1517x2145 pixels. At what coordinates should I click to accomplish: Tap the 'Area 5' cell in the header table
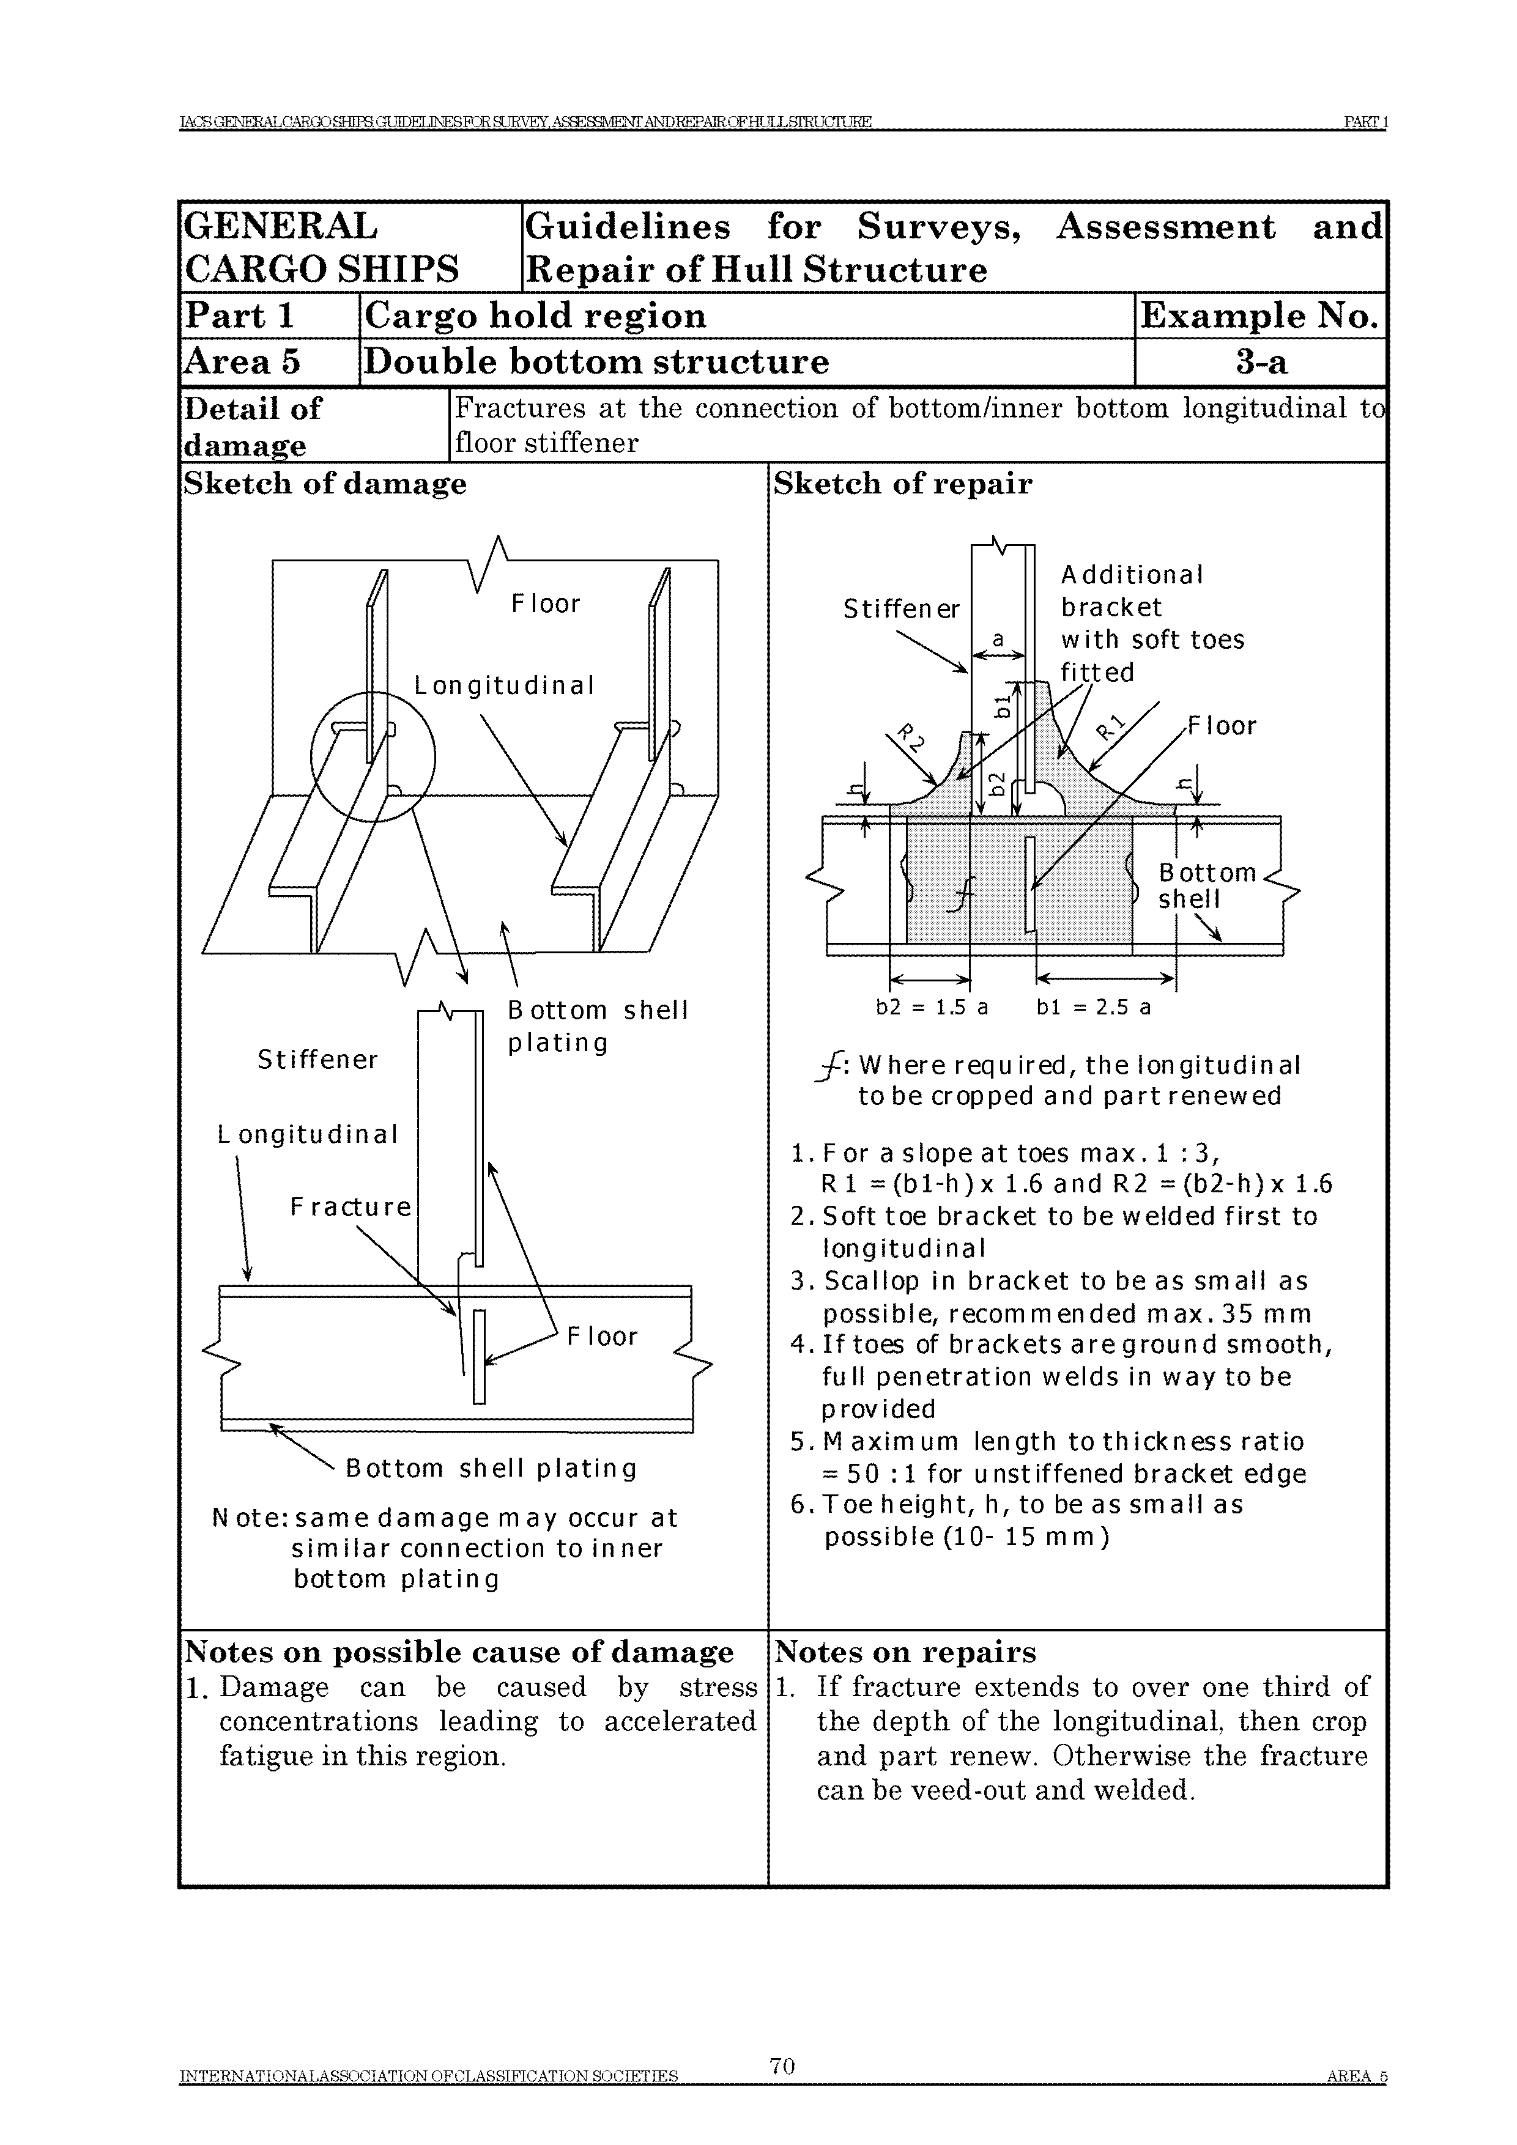(x=243, y=361)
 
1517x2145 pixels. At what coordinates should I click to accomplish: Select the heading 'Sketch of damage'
(x=325, y=484)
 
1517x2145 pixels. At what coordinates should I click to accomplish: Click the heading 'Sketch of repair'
(x=903, y=484)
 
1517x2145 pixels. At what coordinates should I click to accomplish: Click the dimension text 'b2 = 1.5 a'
(x=932, y=1007)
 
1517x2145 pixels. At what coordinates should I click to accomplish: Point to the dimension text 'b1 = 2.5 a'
(x=1094, y=1007)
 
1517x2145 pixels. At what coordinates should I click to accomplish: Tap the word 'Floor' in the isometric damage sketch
(x=546, y=605)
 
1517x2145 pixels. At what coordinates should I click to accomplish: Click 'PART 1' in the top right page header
(x=1365, y=122)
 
